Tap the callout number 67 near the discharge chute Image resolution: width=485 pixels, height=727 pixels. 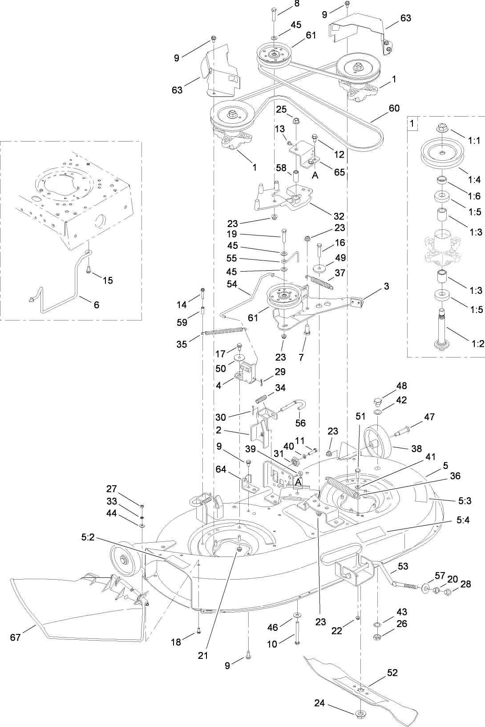tap(16, 638)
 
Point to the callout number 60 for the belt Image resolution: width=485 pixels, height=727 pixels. tap(394, 108)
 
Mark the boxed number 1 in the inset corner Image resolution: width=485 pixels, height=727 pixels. tap(413, 123)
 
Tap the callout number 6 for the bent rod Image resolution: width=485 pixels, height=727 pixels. tap(97, 305)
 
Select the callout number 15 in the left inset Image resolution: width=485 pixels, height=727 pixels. tap(108, 280)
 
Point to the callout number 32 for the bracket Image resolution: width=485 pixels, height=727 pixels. tap(339, 216)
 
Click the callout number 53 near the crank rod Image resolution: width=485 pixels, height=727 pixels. tap(403, 566)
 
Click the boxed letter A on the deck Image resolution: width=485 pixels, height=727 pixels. tap(299, 482)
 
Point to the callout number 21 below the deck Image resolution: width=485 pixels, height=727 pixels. tap(203, 656)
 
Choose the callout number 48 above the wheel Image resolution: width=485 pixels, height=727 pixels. tap(401, 386)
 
